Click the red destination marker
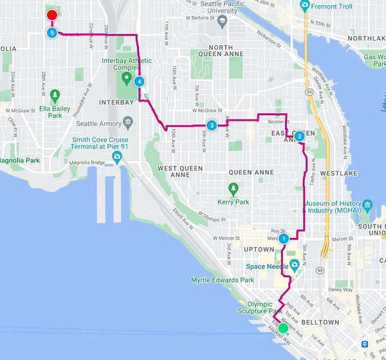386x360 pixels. tap(52, 15)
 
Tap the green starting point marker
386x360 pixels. tap(282, 328)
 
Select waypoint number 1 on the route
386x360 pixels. tap(283, 239)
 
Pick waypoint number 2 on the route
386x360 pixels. tap(299, 136)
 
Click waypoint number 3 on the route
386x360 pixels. tap(211, 125)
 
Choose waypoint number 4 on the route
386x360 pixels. tap(138, 82)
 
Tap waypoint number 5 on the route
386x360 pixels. tap(51, 32)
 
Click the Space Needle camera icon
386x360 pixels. tap(295, 265)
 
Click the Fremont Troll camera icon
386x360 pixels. tap(304, 7)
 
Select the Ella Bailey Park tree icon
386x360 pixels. tap(55, 95)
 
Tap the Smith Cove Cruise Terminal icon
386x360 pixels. tap(117, 157)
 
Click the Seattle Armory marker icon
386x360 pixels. tap(129, 121)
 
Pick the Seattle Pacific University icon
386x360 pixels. tap(222, 20)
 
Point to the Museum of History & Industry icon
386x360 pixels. tap(367, 206)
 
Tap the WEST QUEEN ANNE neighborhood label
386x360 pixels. tap(180, 171)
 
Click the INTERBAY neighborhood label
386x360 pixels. tap(116, 102)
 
